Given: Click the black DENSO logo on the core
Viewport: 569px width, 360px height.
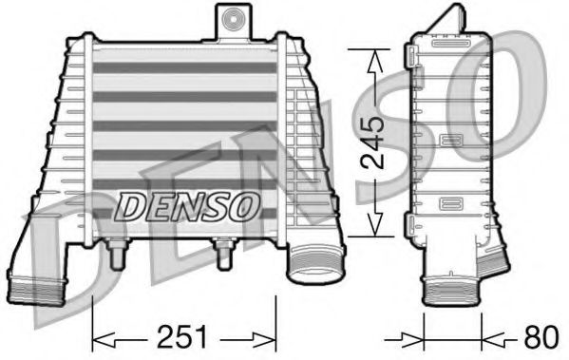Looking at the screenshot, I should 185,202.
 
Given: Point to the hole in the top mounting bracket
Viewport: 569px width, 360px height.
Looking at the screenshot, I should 231,17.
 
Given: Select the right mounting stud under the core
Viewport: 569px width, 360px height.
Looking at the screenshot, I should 225,254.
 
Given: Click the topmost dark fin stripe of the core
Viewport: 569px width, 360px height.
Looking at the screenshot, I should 180,68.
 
